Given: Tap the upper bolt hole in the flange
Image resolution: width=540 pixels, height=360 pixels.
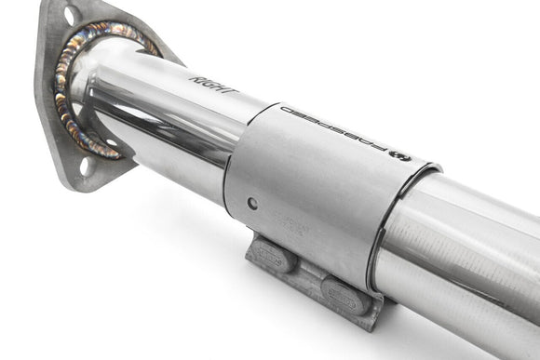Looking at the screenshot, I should pos(71,16).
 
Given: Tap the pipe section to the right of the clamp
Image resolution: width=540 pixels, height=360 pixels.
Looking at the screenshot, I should pos(466,242).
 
